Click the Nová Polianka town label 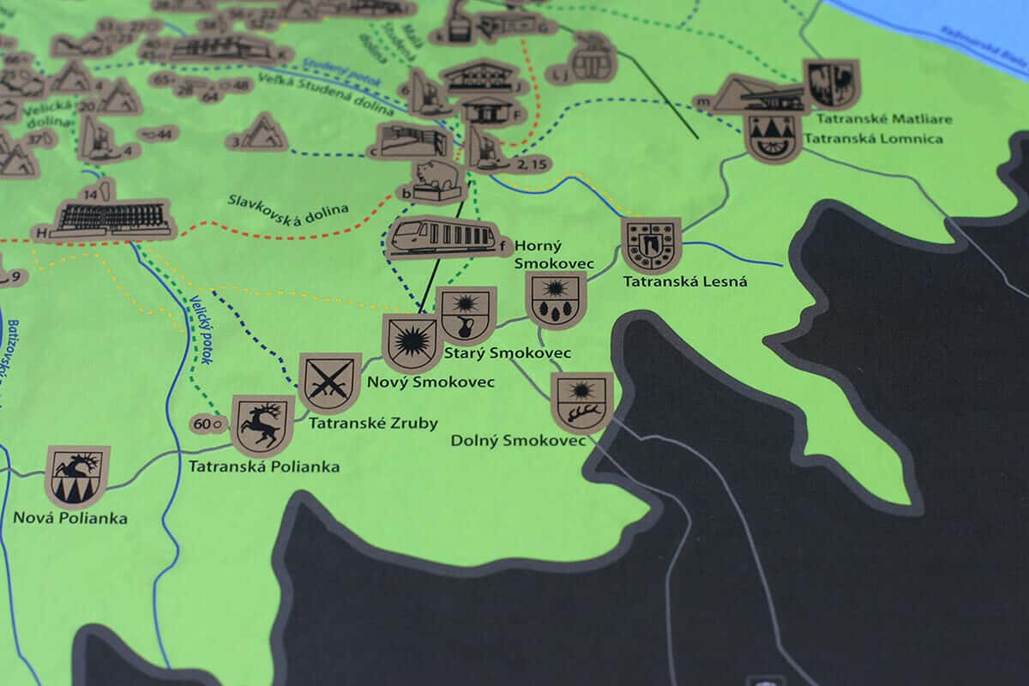[70, 519]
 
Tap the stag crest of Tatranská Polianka [262, 424]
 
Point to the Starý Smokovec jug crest [466, 314]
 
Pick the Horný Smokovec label [538, 254]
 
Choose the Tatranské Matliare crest [831, 83]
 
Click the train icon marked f [442, 237]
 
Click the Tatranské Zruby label [373, 423]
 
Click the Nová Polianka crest [77, 475]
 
